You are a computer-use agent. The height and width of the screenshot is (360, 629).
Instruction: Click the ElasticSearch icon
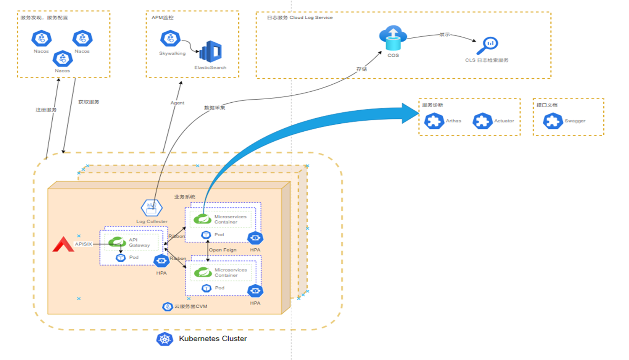[x=210, y=52]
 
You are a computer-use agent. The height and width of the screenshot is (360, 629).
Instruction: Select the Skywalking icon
[x=170, y=39]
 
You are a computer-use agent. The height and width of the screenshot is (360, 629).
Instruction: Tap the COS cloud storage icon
[x=393, y=38]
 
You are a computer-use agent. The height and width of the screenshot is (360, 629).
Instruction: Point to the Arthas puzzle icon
[x=434, y=121]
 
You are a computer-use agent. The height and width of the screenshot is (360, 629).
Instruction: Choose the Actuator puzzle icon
[x=482, y=121]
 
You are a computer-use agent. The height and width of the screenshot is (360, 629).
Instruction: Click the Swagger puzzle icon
[x=553, y=121]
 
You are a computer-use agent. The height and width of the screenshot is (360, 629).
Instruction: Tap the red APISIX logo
[x=63, y=245]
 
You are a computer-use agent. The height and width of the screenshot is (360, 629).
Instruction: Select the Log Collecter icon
[x=152, y=208]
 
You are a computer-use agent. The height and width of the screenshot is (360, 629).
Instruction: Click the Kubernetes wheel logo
[x=165, y=339]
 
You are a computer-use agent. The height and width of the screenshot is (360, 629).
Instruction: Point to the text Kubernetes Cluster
[x=213, y=339]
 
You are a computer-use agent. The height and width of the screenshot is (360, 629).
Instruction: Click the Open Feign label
[x=223, y=250]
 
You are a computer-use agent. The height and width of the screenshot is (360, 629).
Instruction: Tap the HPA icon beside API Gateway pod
[x=161, y=261]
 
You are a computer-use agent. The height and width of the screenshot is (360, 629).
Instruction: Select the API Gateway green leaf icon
[x=117, y=242]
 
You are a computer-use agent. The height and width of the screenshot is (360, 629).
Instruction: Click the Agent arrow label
[x=177, y=103]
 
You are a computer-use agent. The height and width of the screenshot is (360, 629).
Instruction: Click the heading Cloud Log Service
[x=311, y=18]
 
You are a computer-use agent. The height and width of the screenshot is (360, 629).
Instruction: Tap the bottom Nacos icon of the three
[x=63, y=59]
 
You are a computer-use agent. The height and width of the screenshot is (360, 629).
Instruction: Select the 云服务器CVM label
[x=190, y=307]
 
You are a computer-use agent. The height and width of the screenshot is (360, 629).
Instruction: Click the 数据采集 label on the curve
[x=215, y=108]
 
